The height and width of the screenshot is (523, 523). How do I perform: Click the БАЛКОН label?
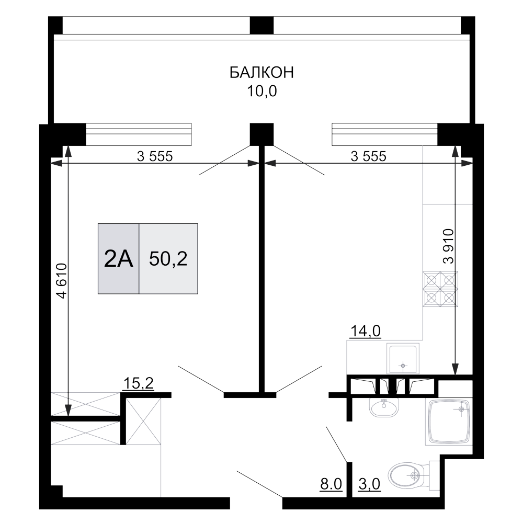point(261,73)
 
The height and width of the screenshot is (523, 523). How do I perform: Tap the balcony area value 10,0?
point(261,92)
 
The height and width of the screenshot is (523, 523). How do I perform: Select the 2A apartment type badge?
point(119,258)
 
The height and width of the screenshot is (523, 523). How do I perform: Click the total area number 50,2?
point(168,258)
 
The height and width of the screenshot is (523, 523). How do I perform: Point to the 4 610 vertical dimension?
point(63,281)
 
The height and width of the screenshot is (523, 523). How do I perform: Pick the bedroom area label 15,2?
point(138,384)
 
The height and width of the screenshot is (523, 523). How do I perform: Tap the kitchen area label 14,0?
point(366,331)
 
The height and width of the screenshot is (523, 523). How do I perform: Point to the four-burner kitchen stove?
point(440,289)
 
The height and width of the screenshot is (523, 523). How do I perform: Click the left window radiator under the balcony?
point(139,134)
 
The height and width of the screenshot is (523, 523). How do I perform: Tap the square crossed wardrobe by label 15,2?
point(142,420)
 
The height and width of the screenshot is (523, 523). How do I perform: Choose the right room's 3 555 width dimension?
point(368,156)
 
